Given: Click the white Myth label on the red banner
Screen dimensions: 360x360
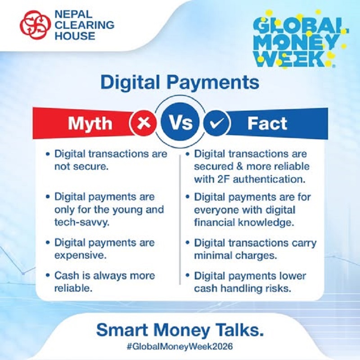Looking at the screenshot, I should (91, 123).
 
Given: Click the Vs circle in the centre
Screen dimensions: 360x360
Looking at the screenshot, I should (180, 122).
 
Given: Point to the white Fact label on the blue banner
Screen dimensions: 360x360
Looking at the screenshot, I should (267, 123).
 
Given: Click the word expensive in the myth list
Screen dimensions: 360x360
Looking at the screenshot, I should (76, 255).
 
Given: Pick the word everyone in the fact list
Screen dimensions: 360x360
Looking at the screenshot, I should (212, 210).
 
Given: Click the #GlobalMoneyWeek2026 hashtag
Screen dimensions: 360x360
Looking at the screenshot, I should (180, 347).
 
